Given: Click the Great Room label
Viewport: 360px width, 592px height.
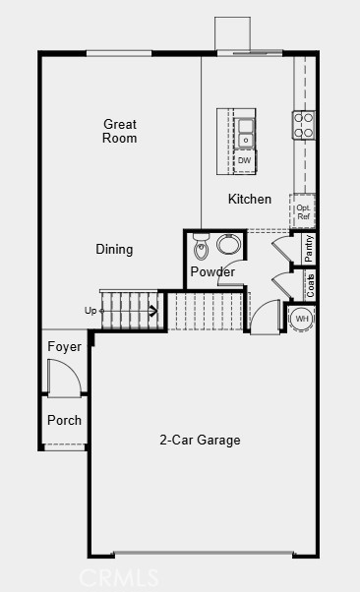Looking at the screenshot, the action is pyautogui.click(x=120, y=131).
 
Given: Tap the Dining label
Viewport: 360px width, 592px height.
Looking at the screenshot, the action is pyautogui.click(x=114, y=249).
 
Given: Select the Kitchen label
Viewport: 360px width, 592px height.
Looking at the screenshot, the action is pyautogui.click(x=250, y=199).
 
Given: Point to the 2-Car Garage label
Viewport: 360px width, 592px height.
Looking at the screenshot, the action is pyautogui.click(x=200, y=440).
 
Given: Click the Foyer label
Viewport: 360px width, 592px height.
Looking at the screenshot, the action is pyautogui.click(x=64, y=346).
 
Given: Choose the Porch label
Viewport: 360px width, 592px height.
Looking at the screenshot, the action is pyautogui.click(x=64, y=420).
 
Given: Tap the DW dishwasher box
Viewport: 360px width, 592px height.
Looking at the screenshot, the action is pyautogui.click(x=244, y=161).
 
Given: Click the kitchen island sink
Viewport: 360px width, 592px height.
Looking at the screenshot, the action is pyautogui.click(x=245, y=133).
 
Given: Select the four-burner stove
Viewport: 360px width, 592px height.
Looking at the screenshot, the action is pyautogui.click(x=303, y=125).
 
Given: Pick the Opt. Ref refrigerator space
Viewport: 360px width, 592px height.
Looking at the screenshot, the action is pyautogui.click(x=303, y=211).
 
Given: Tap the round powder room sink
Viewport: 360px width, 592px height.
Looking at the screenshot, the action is pyautogui.click(x=228, y=244).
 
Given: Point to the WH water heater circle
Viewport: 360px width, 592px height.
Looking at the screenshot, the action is pyautogui.click(x=302, y=319).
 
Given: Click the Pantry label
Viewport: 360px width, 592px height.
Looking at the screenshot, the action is pyautogui.click(x=309, y=248).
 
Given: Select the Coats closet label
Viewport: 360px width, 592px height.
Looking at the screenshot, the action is pyautogui.click(x=310, y=285).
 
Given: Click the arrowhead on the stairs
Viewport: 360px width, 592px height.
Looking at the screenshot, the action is pyautogui.click(x=153, y=311).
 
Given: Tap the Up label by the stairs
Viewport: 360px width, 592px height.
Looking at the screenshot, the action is pyautogui.click(x=90, y=311).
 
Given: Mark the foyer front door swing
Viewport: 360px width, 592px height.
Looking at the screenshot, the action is pyautogui.click(x=65, y=377).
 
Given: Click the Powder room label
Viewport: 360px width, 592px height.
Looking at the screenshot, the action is pyautogui.click(x=212, y=271).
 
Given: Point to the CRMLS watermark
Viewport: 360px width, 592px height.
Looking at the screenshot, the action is pyautogui.click(x=119, y=577).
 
